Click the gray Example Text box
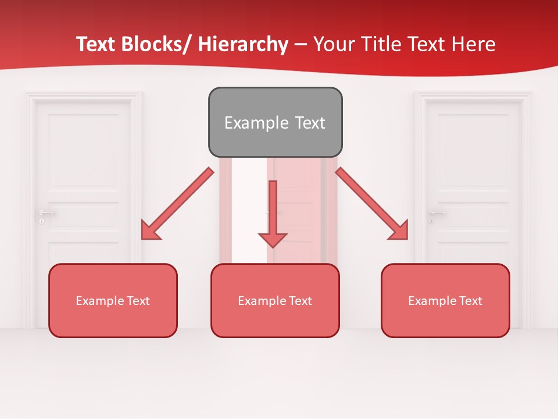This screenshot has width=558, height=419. coord(275,122)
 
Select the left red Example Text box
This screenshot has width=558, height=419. coord(113,300)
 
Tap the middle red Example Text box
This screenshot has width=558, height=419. coord(275,300)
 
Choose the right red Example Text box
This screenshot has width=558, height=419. coord(445,300)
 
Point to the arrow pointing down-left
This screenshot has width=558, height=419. coord(177,204)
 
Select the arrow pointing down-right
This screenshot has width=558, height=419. coord(372,204)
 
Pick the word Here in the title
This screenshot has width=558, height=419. coord(472,44)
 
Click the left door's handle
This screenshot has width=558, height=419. coord(46,212)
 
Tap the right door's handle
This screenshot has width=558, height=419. coord(437,212)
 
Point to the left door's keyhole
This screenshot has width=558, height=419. coord(41,222)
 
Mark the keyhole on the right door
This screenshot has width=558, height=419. coord(431,222)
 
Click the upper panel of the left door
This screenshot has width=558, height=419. coord(83,143)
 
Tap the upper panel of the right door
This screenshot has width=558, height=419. coord(473,143)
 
